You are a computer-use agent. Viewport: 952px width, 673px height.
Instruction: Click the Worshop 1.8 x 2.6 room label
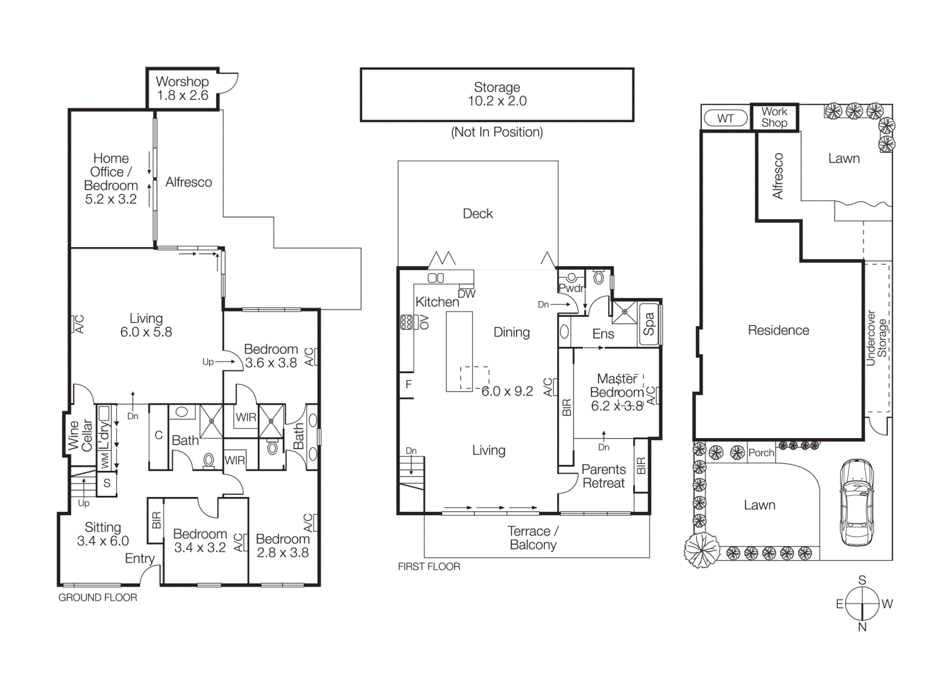coord(182,88)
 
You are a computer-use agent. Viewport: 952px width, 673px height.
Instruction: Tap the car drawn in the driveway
coord(857,503)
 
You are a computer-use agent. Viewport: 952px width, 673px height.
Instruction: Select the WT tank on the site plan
coord(725,118)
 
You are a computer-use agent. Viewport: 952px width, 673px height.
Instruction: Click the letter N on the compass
coord(862,627)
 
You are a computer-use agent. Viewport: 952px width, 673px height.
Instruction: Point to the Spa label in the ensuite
coord(649,325)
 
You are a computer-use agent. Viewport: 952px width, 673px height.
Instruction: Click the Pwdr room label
coord(571,288)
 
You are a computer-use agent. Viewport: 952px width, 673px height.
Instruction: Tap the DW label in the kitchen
coord(466,293)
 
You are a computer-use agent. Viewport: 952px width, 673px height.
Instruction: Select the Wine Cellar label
coord(80,435)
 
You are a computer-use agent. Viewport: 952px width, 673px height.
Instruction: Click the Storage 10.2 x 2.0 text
coord(497,94)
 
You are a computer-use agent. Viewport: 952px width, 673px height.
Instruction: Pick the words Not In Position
coord(497,132)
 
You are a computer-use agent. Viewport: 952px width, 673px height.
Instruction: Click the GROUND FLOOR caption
coord(98,597)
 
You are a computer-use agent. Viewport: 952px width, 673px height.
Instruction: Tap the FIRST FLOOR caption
coord(429,566)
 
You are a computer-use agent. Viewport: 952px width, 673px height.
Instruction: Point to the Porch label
coord(761,453)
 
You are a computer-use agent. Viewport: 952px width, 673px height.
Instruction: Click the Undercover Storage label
coord(876,338)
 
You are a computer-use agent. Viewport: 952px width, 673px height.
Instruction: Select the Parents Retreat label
coord(603,476)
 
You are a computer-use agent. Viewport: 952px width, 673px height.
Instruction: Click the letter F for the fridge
coord(409,384)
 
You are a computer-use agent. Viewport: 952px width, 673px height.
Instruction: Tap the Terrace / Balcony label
coord(533,538)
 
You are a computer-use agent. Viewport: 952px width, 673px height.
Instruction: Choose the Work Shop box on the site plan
coord(774,117)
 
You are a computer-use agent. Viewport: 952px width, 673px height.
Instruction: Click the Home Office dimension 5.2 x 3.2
coord(111,199)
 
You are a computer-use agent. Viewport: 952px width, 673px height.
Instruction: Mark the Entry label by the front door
coord(140,558)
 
